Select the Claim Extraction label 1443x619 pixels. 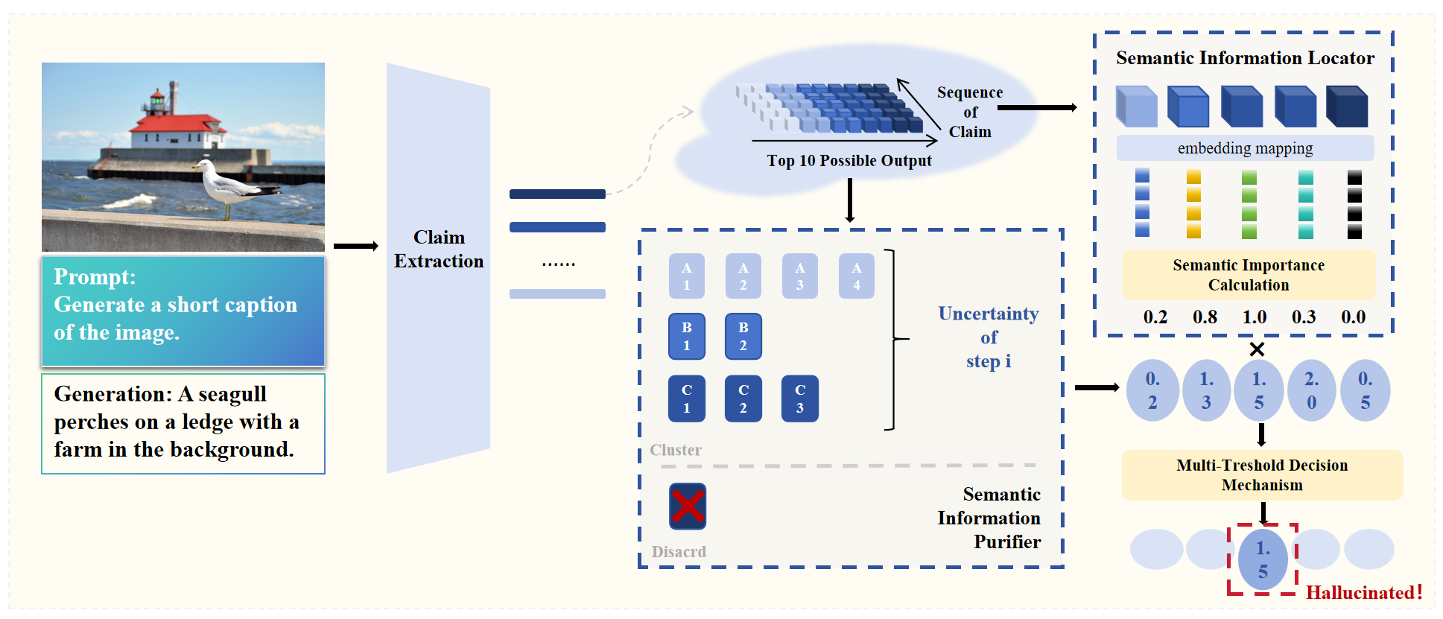439,249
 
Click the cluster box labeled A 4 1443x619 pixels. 856,276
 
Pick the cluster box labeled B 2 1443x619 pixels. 743,336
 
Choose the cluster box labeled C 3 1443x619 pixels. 799,399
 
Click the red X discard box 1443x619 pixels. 687,507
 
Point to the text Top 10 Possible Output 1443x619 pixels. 849,161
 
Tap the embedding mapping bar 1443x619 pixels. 1245,148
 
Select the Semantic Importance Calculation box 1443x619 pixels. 1249,275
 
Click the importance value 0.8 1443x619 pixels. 1205,317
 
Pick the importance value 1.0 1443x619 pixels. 1255,317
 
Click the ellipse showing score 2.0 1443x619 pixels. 1311,390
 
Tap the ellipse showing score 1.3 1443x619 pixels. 1206,390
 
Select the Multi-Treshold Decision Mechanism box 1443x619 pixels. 1262,475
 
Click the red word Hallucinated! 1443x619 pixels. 1364,593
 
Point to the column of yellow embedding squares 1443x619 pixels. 1193,204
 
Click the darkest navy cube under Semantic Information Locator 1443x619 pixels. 1347,107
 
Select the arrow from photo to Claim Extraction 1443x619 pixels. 355,246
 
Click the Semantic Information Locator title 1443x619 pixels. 1245,58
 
